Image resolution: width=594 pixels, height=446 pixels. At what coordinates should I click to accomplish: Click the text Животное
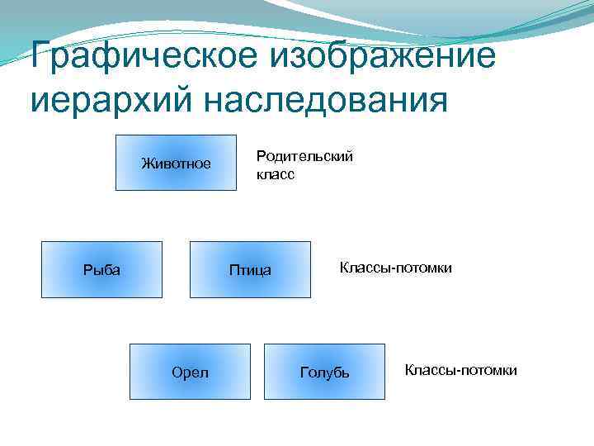coord(176,164)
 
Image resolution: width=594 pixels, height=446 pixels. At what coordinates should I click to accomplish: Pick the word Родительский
coord(304,156)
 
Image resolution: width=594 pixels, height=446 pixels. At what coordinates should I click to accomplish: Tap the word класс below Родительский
coord(276,175)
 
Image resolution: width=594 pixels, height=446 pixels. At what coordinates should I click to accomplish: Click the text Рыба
coord(101,269)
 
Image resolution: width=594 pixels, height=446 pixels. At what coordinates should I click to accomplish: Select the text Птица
coord(250,270)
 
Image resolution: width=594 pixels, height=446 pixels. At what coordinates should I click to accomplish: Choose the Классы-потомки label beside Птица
coord(396,268)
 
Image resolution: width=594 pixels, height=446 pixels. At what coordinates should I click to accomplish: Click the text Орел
coord(190,372)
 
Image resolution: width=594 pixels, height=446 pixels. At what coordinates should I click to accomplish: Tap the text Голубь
coord(324,373)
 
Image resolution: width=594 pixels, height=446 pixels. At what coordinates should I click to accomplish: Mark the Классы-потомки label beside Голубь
coord(461,370)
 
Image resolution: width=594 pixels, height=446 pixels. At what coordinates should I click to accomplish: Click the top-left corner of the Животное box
coord(115,135)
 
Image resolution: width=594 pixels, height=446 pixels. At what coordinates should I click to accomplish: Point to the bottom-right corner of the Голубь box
coord(384,400)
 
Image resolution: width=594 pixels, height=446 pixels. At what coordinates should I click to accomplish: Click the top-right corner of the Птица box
coord(311,241)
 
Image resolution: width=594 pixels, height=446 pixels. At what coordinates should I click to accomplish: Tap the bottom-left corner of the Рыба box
coord(41,297)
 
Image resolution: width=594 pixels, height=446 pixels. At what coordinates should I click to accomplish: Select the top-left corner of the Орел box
coord(130,344)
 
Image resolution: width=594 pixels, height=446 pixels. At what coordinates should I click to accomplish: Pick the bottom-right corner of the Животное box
coord(236,191)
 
